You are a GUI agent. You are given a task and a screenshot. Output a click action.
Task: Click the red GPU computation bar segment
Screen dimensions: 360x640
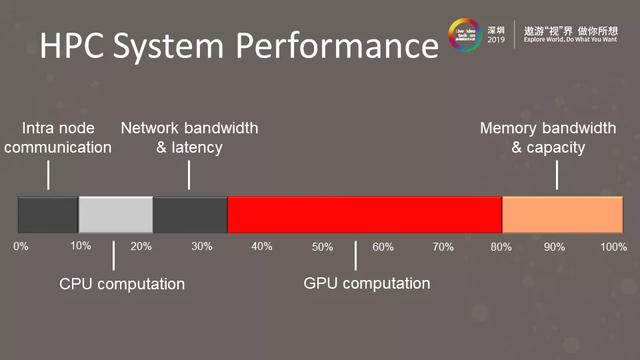(364, 215)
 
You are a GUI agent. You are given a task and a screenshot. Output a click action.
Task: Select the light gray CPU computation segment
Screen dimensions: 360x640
(115, 215)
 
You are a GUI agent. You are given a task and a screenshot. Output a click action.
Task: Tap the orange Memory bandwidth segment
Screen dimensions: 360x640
(562, 215)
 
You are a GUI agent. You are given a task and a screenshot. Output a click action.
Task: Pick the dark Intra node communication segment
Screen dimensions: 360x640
(48, 215)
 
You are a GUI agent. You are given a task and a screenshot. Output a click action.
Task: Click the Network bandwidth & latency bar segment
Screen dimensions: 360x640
(190, 215)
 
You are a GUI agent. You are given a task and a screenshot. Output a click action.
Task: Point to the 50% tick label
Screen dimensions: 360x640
(322, 246)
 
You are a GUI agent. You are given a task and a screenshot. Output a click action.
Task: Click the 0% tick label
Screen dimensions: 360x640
(21, 246)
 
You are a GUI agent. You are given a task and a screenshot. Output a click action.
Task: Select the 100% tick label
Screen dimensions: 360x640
(612, 246)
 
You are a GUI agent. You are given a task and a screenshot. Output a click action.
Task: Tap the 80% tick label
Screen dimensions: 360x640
(501, 246)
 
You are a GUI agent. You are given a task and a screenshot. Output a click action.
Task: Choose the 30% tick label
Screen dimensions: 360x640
(201, 246)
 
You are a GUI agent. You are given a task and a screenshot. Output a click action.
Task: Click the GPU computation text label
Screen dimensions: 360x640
(366, 284)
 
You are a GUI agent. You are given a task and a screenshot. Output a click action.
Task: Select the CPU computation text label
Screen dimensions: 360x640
(122, 284)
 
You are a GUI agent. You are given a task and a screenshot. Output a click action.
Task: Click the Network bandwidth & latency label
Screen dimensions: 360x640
(189, 138)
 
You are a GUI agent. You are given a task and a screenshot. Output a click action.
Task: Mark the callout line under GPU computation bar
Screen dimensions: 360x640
(355, 254)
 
